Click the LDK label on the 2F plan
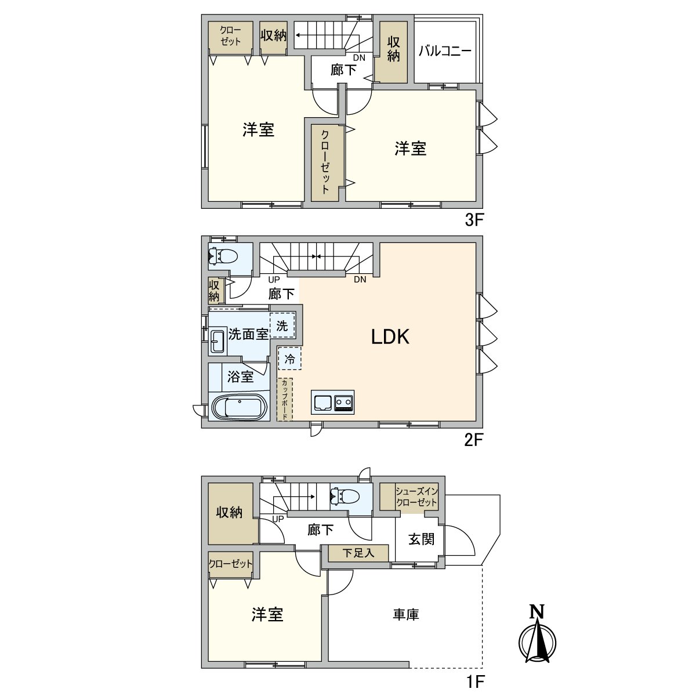(390, 337)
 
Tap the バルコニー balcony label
(445, 51)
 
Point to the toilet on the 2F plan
(223, 255)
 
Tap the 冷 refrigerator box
(289, 359)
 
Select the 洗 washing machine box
(282, 325)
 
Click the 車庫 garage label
(405, 615)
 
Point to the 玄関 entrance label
(421, 539)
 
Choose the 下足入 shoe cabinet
(358, 553)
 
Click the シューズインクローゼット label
(416, 496)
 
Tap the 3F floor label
(473, 221)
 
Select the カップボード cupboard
(285, 400)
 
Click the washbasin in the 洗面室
(218, 341)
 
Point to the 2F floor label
(473, 440)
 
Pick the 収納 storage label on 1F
(229, 513)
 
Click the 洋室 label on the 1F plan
(267, 615)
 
